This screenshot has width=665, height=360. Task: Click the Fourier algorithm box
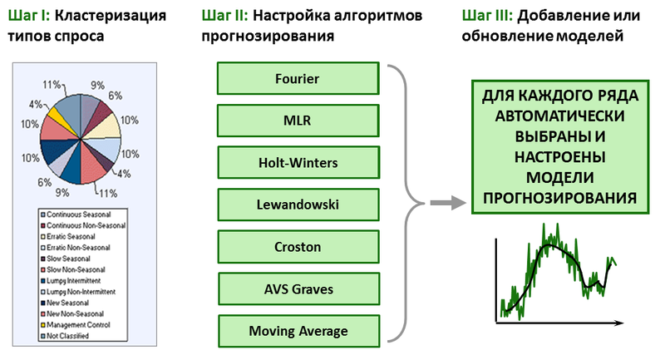(297, 79)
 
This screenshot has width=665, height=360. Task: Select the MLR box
(297, 121)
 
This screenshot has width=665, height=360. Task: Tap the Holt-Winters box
(297, 162)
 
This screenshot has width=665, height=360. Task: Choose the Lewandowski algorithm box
(297, 205)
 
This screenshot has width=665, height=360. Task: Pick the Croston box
(297, 247)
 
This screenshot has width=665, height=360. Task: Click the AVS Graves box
(297, 288)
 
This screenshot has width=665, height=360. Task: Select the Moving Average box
(297, 331)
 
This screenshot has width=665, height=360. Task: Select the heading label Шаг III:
(485, 15)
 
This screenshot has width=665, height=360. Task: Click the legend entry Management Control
(80, 325)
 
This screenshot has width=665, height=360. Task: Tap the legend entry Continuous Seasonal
(81, 215)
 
